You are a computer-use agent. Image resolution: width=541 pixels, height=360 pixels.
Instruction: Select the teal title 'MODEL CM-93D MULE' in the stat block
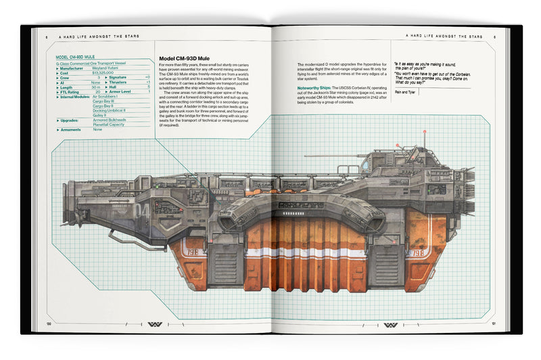[x=76, y=57]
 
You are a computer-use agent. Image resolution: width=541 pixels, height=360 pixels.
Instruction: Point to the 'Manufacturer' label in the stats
[x=72, y=68]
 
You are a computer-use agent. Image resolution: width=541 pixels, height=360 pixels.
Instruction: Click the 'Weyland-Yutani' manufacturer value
[x=105, y=68]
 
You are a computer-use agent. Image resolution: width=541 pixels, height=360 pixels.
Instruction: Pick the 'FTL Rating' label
[x=70, y=91]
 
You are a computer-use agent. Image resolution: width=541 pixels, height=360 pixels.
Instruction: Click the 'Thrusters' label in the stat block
[x=119, y=82]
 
